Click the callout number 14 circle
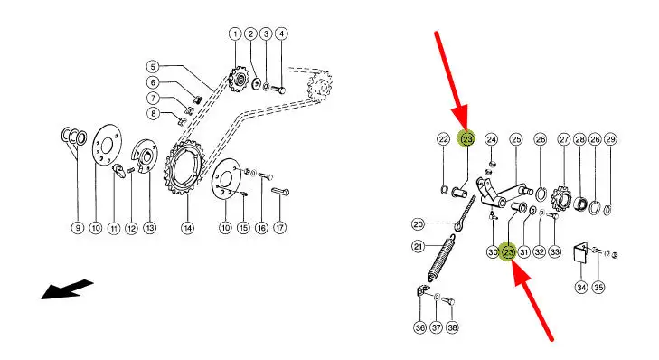click(187, 228)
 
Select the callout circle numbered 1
click(235, 33)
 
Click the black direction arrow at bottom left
click(67, 289)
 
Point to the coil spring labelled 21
click(442, 258)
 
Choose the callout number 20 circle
click(418, 224)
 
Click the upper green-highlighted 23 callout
click(467, 138)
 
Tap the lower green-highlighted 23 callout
click(509, 252)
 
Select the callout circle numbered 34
click(581, 288)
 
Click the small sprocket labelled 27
click(561, 198)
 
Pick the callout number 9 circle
click(78, 228)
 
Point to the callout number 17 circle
click(280, 228)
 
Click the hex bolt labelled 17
click(280, 192)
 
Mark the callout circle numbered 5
click(153, 66)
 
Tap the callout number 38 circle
click(452, 327)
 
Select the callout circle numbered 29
click(610, 139)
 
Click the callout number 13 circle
click(150, 228)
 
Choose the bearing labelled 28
click(580, 204)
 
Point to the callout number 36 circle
click(419, 327)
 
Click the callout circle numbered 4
click(281, 33)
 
